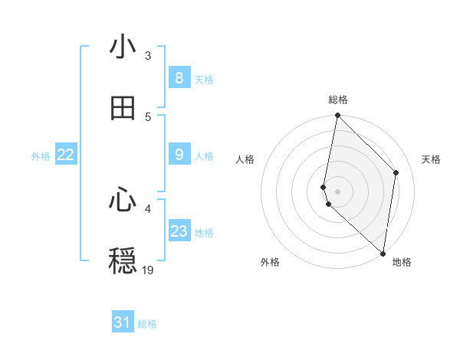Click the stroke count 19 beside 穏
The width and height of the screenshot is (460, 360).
tap(148, 270)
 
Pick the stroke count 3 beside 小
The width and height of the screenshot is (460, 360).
tap(148, 55)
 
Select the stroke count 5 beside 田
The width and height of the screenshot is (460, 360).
tap(148, 116)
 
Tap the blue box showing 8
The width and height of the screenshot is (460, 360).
tap(179, 78)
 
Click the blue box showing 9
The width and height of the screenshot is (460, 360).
tap(179, 155)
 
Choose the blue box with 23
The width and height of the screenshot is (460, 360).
tap(179, 231)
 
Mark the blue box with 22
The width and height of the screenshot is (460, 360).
tap(66, 155)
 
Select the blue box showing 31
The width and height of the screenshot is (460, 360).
tap(123, 322)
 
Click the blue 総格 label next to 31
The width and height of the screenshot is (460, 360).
tap(147, 324)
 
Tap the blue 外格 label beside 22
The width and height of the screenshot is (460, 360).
tap(41, 156)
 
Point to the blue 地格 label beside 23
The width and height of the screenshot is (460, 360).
tap(204, 233)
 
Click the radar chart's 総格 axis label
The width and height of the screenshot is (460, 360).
tap(338, 100)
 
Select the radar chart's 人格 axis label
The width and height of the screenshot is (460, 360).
tap(245, 159)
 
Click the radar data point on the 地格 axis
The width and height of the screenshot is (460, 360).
tap(383, 254)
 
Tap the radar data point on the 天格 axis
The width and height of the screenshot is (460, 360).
tap(396, 172)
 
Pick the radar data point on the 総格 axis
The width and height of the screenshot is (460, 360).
tap(337, 116)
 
